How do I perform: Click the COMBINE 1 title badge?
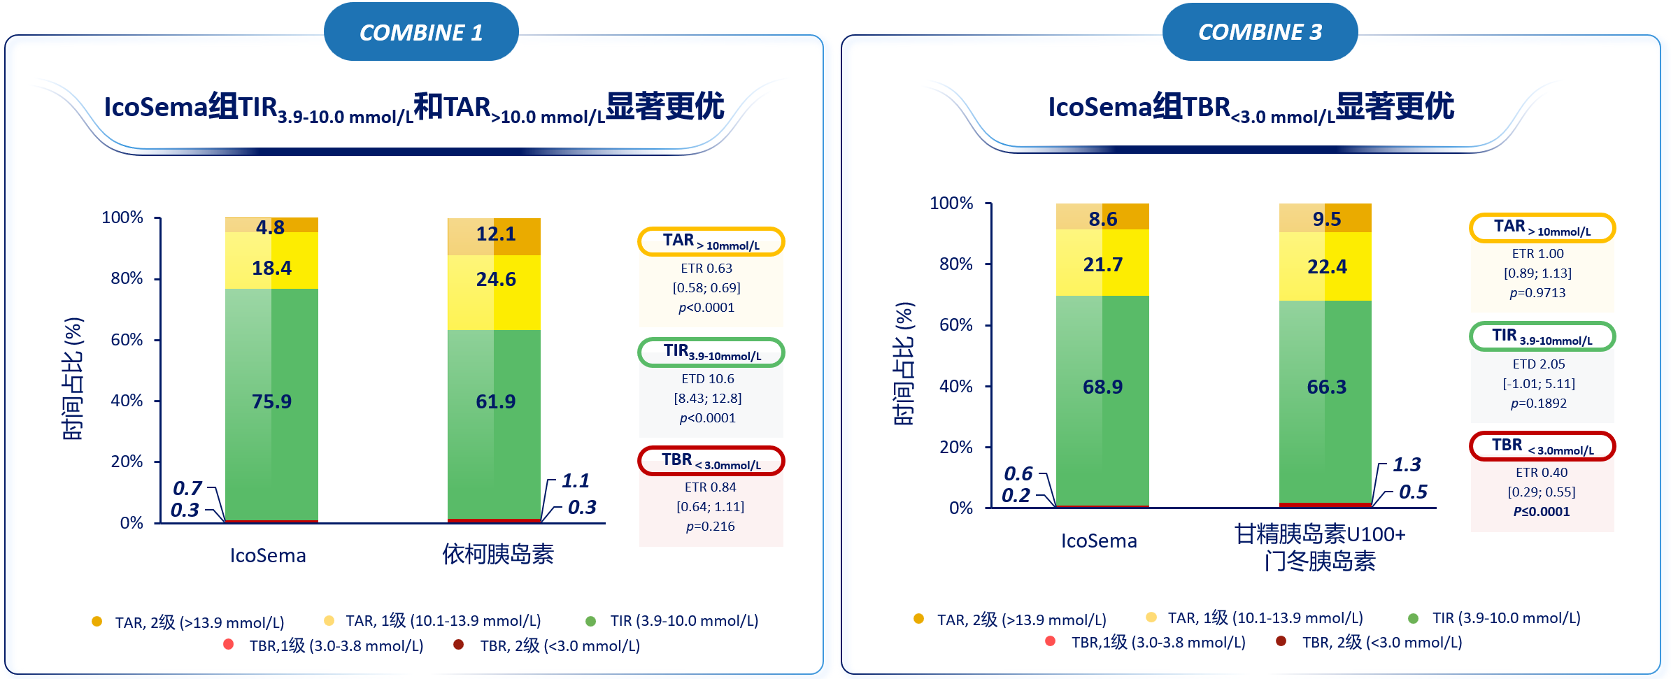(x=421, y=32)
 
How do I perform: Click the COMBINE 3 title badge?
(x=1260, y=32)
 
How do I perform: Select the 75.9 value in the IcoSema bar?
(x=271, y=401)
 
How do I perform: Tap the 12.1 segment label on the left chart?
(x=495, y=234)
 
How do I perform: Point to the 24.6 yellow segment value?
(x=495, y=280)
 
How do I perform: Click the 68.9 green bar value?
(x=1102, y=387)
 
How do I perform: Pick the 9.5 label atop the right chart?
(x=1326, y=220)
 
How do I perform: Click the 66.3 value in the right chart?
(x=1326, y=387)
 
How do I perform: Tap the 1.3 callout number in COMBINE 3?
(x=1406, y=464)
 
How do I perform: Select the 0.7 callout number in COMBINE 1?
(x=187, y=487)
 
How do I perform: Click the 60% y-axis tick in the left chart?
(x=127, y=340)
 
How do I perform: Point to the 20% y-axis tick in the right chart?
(x=955, y=447)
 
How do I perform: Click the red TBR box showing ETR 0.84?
(x=711, y=461)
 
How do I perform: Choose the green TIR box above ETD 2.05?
(x=1542, y=336)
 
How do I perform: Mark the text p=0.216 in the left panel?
(x=710, y=527)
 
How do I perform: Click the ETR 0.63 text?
(x=706, y=269)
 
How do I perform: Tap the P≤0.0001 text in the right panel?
(x=1541, y=512)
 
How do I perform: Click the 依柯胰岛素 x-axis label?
(x=498, y=555)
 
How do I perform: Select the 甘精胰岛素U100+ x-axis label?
(x=1319, y=534)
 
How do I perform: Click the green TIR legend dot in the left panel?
(x=590, y=621)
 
